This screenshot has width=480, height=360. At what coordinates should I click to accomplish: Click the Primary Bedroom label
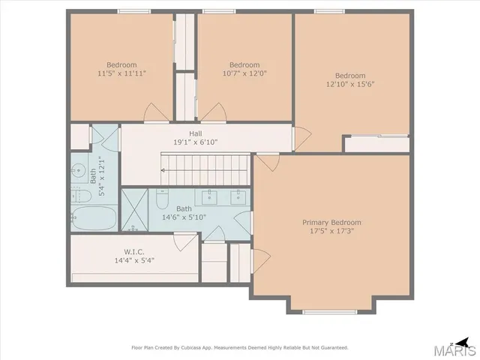point(331,223)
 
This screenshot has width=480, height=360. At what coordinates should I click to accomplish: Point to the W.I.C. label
point(124,251)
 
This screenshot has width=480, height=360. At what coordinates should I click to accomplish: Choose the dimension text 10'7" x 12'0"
point(244,73)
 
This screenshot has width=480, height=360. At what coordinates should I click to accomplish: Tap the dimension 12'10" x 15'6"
point(349,84)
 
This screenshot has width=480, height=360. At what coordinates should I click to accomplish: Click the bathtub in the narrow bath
point(94,220)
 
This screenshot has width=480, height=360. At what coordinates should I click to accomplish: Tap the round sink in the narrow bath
point(79,169)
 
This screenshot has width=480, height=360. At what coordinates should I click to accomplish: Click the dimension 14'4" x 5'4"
point(124,261)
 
